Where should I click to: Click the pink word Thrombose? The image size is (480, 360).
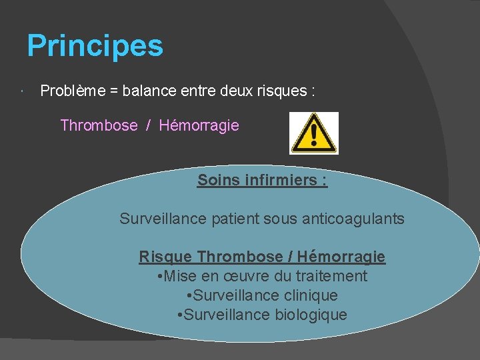click(99, 125)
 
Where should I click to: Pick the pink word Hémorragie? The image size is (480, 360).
click(199, 125)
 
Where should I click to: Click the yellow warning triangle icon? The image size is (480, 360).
click(313, 133)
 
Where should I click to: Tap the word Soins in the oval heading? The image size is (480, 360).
click(218, 180)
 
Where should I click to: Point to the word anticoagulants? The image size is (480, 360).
click(355, 219)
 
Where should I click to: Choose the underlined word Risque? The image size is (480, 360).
click(165, 257)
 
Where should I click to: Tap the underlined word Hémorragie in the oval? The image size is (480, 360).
click(341, 257)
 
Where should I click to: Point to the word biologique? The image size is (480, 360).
click(311, 315)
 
